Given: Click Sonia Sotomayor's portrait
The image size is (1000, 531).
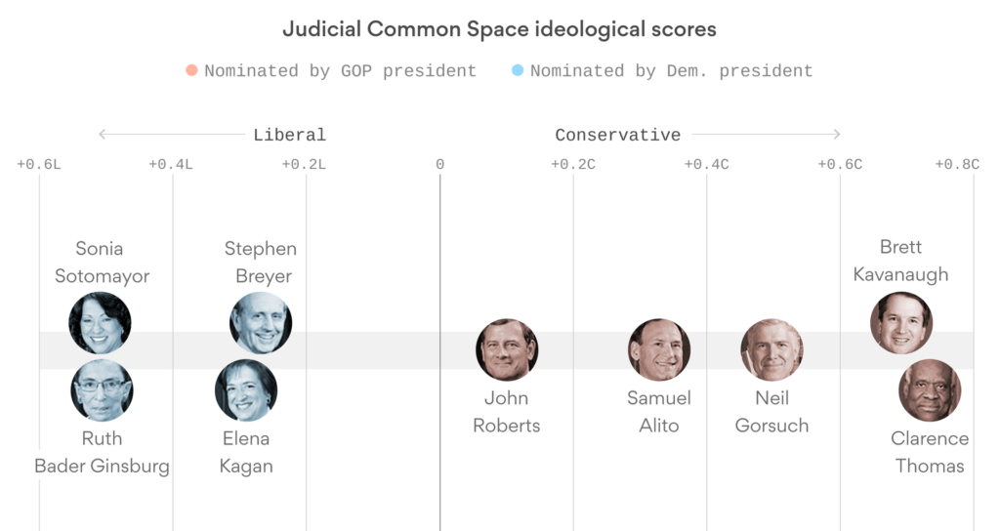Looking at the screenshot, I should pos(100,323).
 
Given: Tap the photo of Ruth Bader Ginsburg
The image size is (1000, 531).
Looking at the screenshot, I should pos(102,389).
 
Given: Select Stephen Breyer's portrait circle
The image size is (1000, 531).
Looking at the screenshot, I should pos(261,323).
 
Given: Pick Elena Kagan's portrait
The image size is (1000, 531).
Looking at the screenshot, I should pos(246,389).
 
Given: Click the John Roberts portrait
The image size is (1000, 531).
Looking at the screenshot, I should pos(507,349).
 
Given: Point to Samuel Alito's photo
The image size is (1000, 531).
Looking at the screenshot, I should pos(659,349).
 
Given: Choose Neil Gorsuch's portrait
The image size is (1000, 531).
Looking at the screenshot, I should pos(771,349).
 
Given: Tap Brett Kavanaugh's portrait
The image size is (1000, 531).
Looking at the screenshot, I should pos(901,323).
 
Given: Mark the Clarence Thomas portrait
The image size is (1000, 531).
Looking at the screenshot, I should pos(930,390).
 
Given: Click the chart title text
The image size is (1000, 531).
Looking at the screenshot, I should pos(499,29).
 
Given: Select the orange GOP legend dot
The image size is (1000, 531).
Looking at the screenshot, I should pos(191,70).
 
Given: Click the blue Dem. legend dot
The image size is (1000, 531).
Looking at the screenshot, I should pos(518,70).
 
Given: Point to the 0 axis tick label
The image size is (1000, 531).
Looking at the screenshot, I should pos(439,164).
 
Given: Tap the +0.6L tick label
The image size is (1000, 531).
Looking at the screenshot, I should pos(39,164).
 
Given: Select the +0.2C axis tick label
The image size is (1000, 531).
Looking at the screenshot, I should pos(573,164).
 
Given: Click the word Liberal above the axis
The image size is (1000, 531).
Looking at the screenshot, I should pos(289,135).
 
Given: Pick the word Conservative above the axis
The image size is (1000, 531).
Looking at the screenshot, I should pos(617,135).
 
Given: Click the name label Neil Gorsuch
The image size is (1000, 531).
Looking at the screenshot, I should pos(771,411).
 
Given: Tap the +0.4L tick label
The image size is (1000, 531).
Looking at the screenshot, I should pos(171,164).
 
